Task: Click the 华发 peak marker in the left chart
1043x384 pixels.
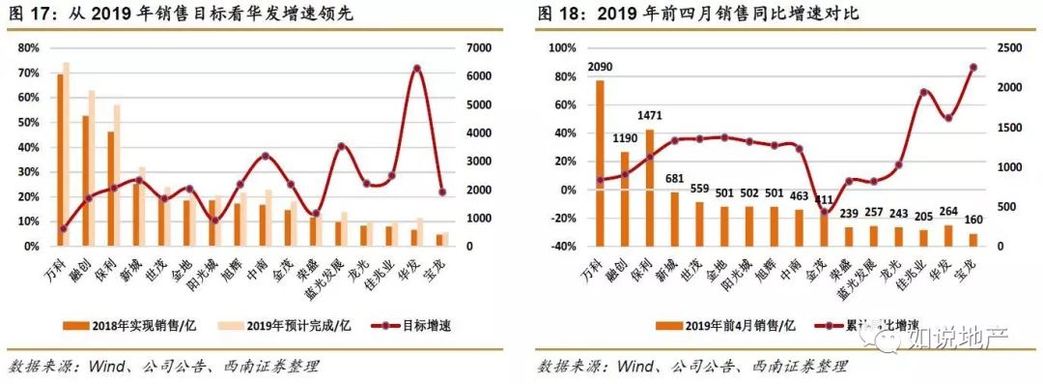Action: (416, 69)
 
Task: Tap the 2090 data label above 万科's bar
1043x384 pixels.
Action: (600, 66)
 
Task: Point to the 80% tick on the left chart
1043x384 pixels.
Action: (28, 47)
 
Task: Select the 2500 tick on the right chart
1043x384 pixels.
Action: (1005, 47)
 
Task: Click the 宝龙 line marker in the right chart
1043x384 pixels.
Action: (973, 68)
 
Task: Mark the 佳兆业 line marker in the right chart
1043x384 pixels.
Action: (923, 92)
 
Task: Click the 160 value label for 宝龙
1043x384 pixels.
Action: (973, 220)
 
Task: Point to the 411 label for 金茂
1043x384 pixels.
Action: (824, 200)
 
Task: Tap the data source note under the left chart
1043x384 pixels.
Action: (164, 367)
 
